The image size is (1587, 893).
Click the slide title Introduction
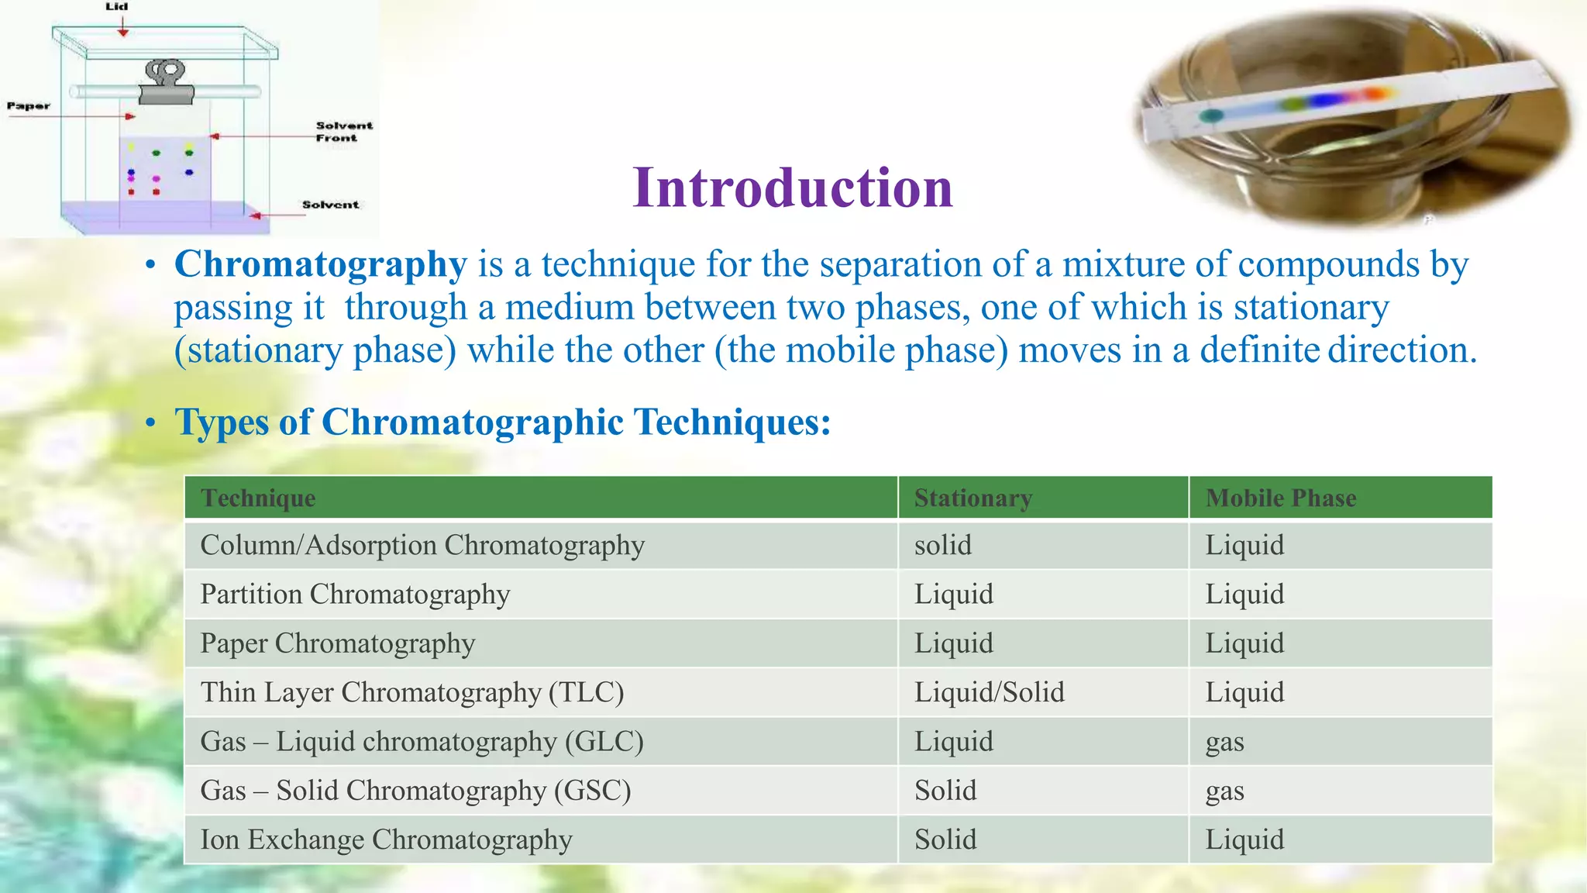(x=792, y=188)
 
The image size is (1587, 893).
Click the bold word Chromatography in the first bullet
(x=320, y=264)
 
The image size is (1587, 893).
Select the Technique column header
(x=258, y=498)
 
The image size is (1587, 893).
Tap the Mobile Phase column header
(x=1280, y=498)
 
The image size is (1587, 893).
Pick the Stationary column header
(x=973, y=498)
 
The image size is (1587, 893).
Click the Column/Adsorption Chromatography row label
(x=422, y=546)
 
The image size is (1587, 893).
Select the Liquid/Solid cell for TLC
(x=989, y=692)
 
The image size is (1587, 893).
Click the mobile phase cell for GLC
(x=1224, y=742)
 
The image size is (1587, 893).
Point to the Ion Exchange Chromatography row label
(x=386, y=840)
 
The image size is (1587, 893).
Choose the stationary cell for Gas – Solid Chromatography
(x=945, y=791)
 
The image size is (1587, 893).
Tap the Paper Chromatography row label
(x=337, y=643)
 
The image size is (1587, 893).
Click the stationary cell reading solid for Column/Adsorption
(x=942, y=546)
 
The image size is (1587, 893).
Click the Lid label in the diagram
(x=117, y=7)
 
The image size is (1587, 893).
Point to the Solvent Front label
(x=343, y=132)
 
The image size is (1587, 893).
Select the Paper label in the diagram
(x=29, y=106)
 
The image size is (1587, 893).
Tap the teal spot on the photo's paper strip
(x=1211, y=116)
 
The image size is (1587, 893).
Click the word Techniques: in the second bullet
(x=732, y=422)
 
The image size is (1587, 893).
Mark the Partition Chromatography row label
(x=355, y=595)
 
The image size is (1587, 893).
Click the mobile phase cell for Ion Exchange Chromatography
(x=1244, y=840)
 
